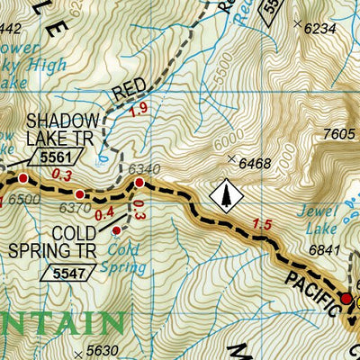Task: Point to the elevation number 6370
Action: coord(75,209)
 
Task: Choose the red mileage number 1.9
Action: coord(162,111)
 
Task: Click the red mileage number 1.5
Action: coord(263,224)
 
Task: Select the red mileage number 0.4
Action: coord(103,212)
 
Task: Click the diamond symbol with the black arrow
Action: coord(225,192)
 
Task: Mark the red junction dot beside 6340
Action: coord(139,183)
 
